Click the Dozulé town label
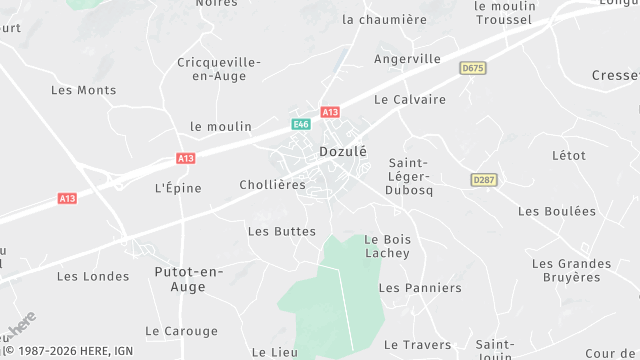343,152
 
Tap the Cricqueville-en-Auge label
219,69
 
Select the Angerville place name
407,59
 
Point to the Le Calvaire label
409,100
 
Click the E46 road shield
301,124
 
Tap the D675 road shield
473,68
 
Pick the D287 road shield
483,179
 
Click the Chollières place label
272,185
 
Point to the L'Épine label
178,188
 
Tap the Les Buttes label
281,231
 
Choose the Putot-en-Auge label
188,279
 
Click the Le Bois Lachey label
387,246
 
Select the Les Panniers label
420,288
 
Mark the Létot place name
568,156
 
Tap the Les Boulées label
556,211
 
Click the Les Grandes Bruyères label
571,270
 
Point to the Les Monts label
83,90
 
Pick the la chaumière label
384,19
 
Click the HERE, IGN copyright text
68,351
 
